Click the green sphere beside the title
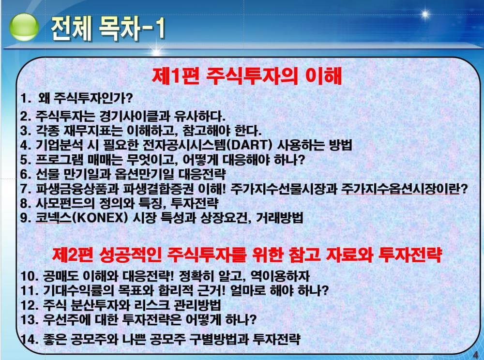pos(24,27)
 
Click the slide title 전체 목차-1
pos(108,29)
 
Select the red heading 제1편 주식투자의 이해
pos(247,75)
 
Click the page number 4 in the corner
pos(476,355)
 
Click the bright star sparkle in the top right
pos(425,14)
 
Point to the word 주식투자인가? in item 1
pos(93,98)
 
